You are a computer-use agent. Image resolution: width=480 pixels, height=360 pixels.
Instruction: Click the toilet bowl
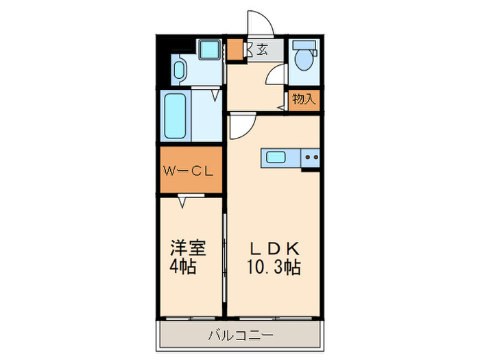click(x=302, y=59)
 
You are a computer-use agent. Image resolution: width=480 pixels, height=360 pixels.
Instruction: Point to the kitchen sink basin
click(x=276, y=158)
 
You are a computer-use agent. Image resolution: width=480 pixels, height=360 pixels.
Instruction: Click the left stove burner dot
click(x=307, y=158)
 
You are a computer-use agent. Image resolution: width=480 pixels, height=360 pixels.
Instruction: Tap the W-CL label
click(x=190, y=170)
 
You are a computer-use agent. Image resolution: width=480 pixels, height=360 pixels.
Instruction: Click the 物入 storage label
click(x=304, y=99)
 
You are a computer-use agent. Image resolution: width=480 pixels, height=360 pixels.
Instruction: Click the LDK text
click(x=273, y=248)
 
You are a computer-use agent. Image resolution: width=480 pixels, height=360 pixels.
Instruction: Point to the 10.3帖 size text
click(x=272, y=267)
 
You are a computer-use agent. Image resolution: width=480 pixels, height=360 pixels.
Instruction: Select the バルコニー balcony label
click(x=240, y=336)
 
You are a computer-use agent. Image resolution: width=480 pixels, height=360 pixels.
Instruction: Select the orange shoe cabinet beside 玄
click(x=235, y=49)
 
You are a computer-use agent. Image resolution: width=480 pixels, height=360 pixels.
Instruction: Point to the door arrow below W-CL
click(x=183, y=202)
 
